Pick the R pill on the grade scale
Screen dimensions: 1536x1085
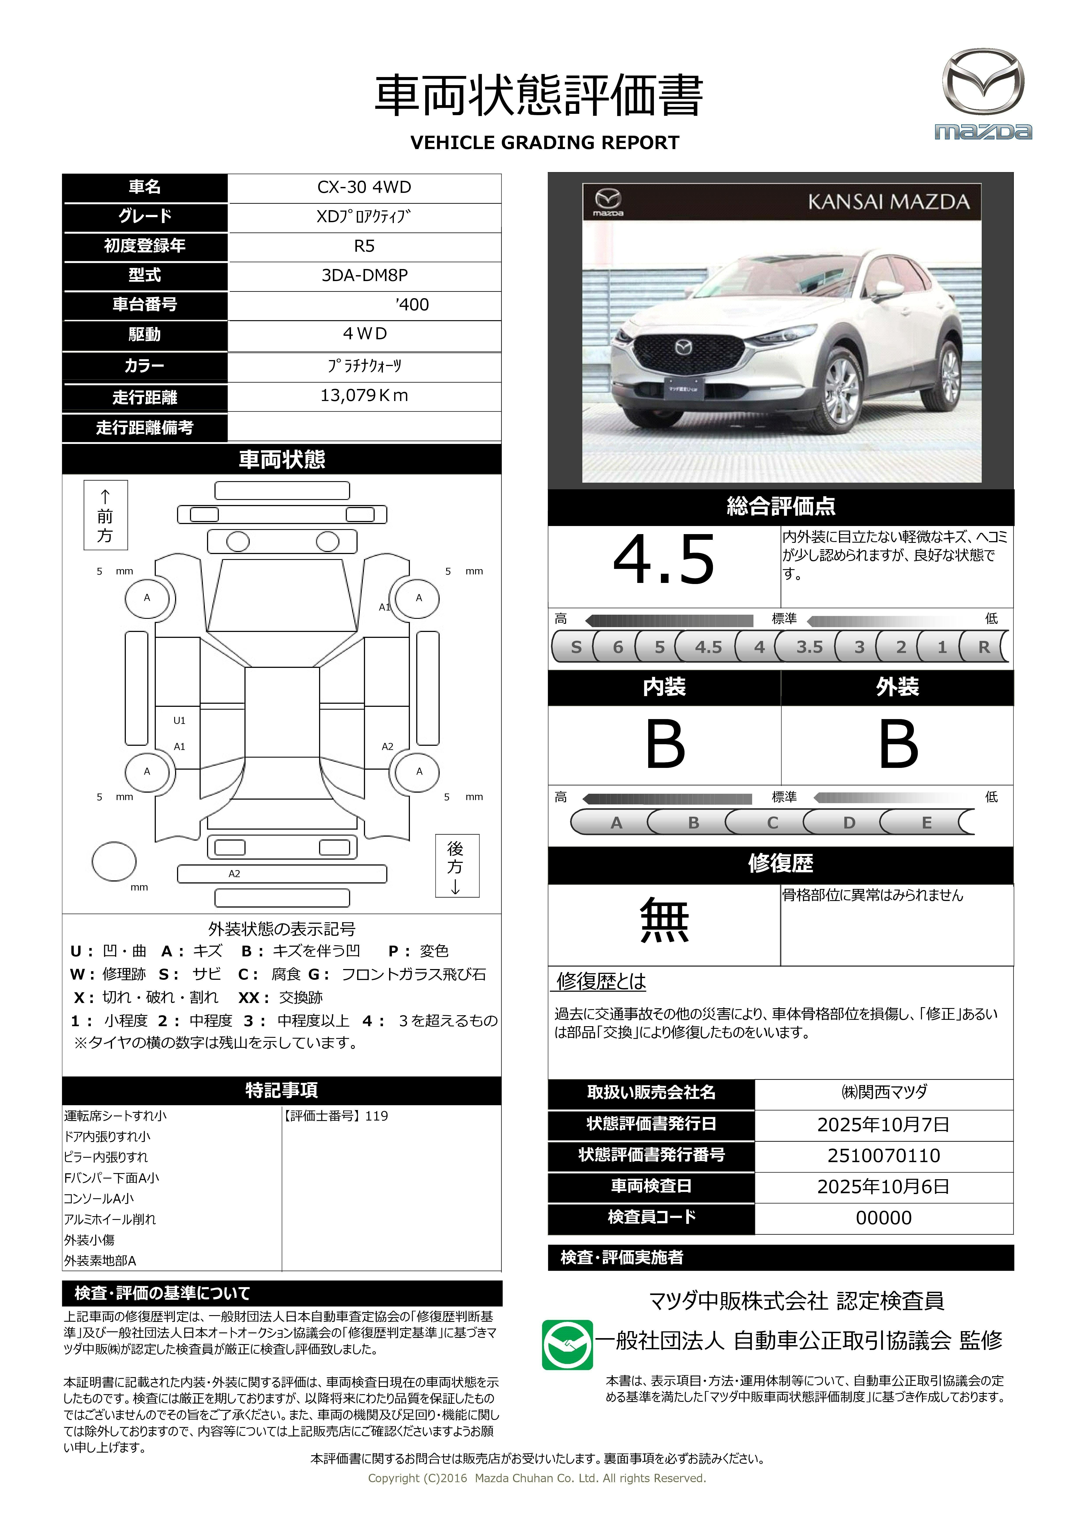pos(983,647)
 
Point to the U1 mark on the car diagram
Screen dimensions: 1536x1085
pos(179,721)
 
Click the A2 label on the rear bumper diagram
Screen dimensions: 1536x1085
pos(234,874)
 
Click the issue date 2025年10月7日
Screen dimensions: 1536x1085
pos(883,1124)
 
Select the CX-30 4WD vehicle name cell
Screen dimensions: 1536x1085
pos(364,187)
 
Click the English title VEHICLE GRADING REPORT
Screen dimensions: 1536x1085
pos(544,143)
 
